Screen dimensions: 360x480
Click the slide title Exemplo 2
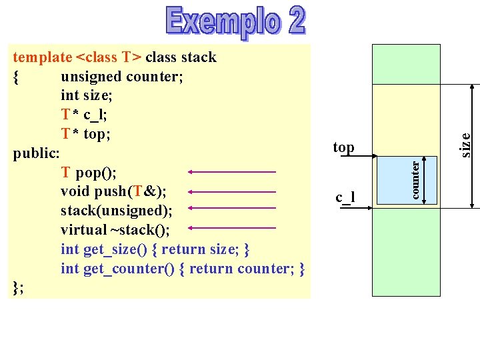[x=236, y=22]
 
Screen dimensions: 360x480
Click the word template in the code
[x=41, y=57]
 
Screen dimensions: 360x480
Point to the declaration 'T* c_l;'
[x=84, y=115]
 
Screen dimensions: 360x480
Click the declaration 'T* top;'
[x=86, y=134]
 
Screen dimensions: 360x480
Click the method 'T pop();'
[x=89, y=173]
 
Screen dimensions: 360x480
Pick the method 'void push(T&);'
[x=113, y=192]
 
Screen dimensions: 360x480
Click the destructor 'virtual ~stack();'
[x=115, y=230]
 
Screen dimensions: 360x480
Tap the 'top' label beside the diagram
[x=343, y=147]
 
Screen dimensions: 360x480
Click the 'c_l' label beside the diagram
[x=345, y=197]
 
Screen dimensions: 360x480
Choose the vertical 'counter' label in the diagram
[x=415, y=179]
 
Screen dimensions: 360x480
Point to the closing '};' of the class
[x=19, y=287]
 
